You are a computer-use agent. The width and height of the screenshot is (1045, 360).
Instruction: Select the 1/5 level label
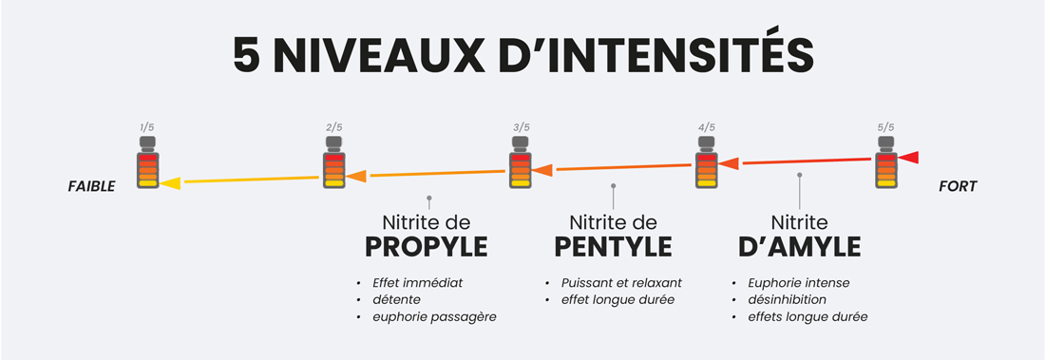click(147, 127)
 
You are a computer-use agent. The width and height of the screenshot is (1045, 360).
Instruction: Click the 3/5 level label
click(521, 127)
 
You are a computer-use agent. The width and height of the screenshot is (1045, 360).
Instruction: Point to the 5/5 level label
click(886, 127)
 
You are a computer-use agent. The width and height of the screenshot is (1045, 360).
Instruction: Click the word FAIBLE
click(90, 187)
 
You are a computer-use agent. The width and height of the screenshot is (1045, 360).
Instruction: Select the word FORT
click(957, 187)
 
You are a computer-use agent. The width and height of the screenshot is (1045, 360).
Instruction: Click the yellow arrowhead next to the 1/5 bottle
click(170, 182)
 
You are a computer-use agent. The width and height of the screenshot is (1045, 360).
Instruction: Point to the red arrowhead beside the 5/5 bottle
click(909, 157)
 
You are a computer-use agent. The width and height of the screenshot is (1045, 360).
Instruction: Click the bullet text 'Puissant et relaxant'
click(619, 283)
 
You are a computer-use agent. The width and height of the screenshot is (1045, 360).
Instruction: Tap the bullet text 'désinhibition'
click(787, 300)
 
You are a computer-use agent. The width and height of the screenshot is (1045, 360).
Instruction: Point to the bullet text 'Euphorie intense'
click(799, 283)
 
